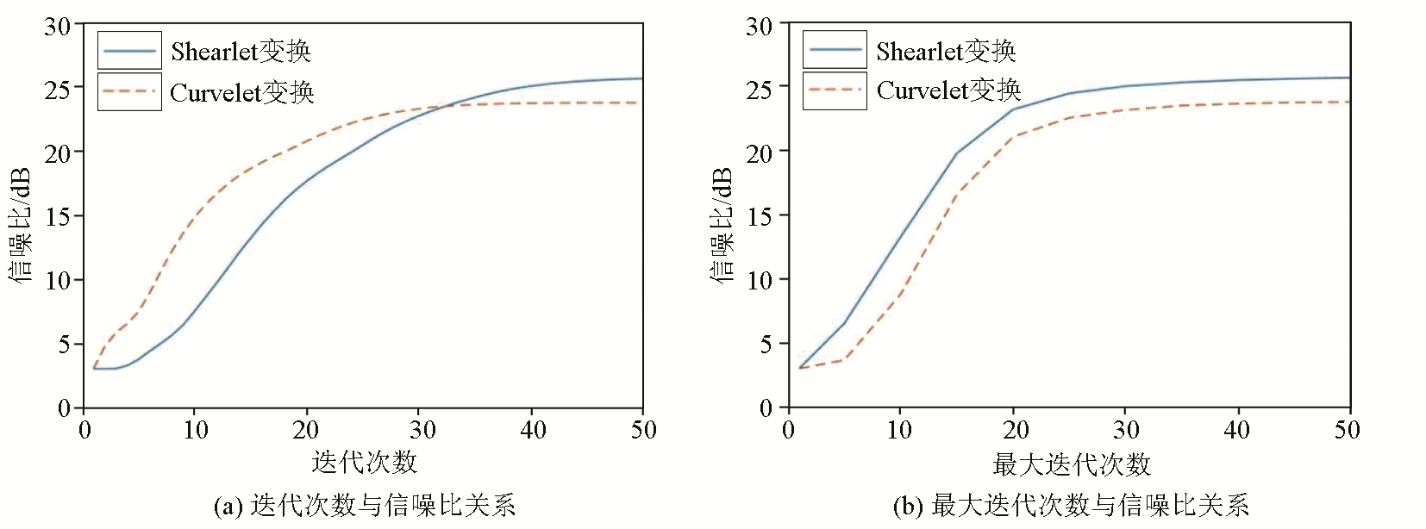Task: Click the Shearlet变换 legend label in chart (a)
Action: click(241, 52)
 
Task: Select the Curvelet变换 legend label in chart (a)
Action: click(242, 92)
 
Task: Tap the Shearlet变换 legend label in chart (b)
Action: click(946, 52)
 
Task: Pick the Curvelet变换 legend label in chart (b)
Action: click(948, 90)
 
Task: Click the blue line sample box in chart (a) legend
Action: click(129, 51)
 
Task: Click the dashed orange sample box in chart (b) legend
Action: click(835, 90)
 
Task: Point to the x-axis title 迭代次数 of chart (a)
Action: click(364, 463)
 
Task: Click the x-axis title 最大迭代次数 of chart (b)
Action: click(1072, 465)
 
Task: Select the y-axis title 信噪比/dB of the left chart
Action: click(21, 225)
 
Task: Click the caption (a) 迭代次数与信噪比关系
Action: click(364, 506)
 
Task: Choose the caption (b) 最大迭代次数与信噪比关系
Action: click(1071, 506)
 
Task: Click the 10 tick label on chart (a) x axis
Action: click(196, 430)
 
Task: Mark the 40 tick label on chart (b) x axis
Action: click(1237, 430)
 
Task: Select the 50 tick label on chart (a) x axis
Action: click(643, 430)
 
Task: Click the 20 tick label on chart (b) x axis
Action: click(1016, 430)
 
